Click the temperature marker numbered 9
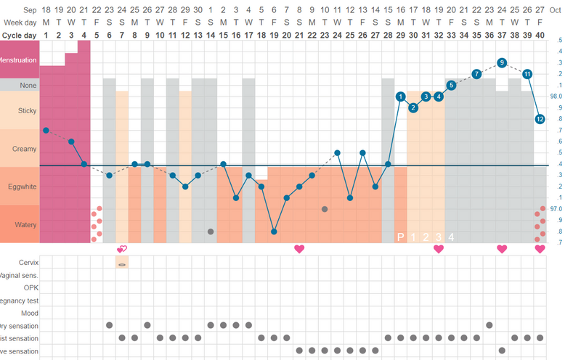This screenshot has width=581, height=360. pyautogui.click(x=502, y=63)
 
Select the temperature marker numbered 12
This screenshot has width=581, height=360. pyautogui.click(x=540, y=118)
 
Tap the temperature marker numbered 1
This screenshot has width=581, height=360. pyautogui.click(x=400, y=97)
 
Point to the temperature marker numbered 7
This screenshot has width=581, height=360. pyautogui.click(x=476, y=74)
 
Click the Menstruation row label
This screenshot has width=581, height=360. pyautogui.click(x=19, y=60)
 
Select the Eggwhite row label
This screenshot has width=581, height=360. pyautogui.click(x=19, y=187)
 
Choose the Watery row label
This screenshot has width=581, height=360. pyautogui.click(x=19, y=224)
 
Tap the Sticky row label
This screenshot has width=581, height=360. pyautogui.click(x=19, y=110)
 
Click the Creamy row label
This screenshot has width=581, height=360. pyautogui.click(x=19, y=149)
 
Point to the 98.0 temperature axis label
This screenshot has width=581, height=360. pyautogui.click(x=556, y=97)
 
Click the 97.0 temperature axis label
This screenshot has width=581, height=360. pyautogui.click(x=556, y=209)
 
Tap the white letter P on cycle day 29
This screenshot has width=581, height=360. pyautogui.click(x=400, y=237)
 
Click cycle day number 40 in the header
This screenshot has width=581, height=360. pyautogui.click(x=540, y=35)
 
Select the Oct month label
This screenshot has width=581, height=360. pyautogui.click(x=556, y=10)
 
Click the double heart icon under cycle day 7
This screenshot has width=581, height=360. pyautogui.click(x=122, y=249)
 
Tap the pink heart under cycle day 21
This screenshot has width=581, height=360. pyautogui.click(x=299, y=249)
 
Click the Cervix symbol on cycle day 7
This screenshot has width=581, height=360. pyautogui.click(x=122, y=264)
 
